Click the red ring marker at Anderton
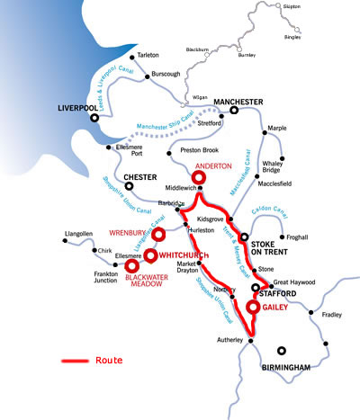[199, 178]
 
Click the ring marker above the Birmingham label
[282, 351]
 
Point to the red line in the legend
[74, 361]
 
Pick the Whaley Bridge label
[284, 144]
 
